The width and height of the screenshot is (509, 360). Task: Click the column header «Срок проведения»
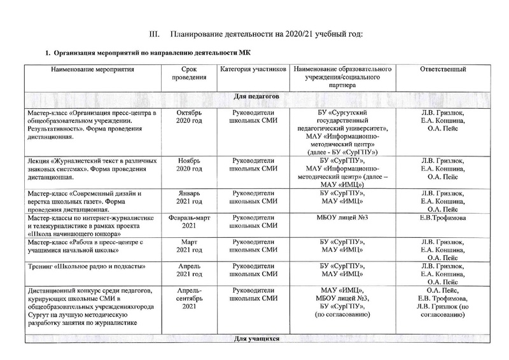188,73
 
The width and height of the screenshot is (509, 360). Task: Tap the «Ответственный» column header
443,68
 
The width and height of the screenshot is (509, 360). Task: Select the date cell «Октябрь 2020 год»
188,116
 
